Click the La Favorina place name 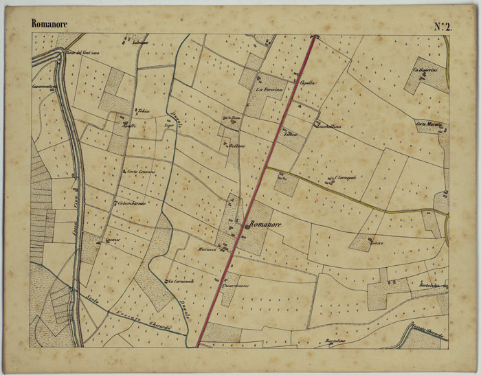(x=269, y=90)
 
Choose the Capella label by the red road (x=307, y=83)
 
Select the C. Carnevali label (x=346, y=177)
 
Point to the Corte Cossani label (x=141, y=171)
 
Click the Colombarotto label (x=133, y=203)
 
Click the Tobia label (x=143, y=111)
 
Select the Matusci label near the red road (x=207, y=249)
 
